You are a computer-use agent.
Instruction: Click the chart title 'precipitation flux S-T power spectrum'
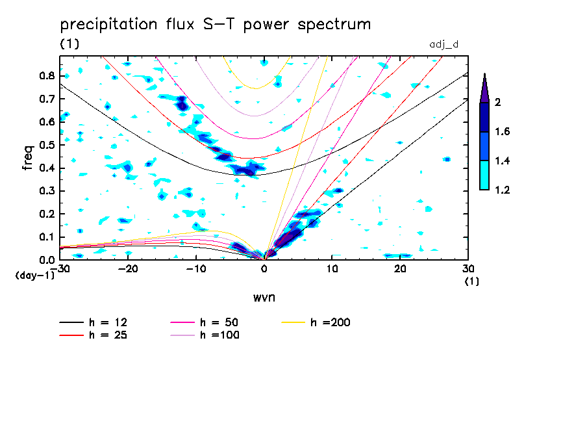215,25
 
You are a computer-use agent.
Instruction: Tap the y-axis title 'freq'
28,158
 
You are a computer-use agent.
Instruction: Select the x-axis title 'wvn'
263,297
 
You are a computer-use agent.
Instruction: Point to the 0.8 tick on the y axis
45,75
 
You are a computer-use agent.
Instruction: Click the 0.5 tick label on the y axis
45,145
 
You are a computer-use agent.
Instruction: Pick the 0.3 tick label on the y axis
45,191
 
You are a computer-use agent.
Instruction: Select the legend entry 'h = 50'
221,322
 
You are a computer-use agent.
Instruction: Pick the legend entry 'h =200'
331,322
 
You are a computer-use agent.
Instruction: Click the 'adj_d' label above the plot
444,44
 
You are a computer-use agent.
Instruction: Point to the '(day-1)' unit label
34,276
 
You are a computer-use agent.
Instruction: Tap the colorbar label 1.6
503,132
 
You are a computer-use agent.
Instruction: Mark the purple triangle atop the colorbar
484,88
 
